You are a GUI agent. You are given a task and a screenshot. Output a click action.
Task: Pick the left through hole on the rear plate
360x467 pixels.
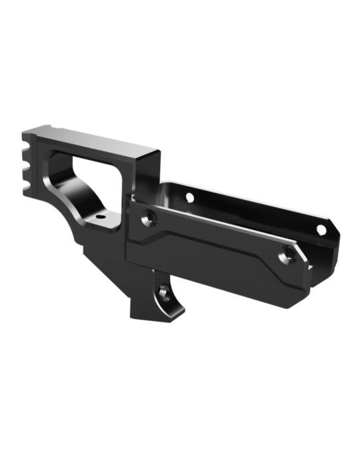(189, 197)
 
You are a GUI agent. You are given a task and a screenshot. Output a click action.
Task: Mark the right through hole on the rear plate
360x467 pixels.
(321, 229)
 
